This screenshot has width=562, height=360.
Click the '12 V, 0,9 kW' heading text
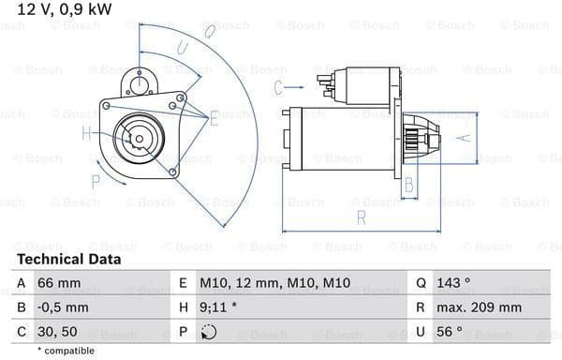tap(65, 9)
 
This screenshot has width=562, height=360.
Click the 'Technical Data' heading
tap(68, 260)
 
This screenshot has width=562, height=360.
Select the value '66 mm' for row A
tap(59, 283)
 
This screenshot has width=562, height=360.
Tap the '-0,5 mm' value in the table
tap(63, 307)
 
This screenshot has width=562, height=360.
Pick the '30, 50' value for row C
tap(57, 332)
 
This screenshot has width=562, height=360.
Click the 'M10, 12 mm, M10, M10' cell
tap(274, 283)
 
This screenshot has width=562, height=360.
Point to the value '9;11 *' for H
tap(218, 307)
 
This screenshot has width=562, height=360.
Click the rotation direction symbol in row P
tap(209, 332)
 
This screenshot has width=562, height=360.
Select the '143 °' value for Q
tap(453, 283)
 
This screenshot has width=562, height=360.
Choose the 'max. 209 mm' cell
tap(479, 307)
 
